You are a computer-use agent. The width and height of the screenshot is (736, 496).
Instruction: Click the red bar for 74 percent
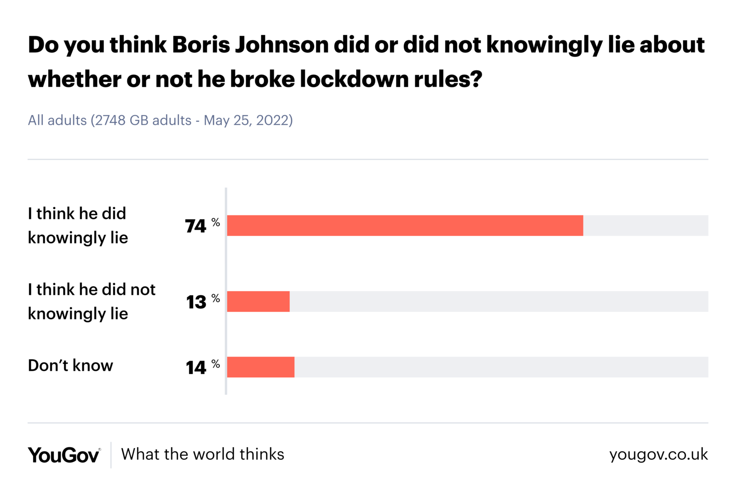point(405,225)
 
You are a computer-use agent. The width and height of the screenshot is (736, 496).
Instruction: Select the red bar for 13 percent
point(258,301)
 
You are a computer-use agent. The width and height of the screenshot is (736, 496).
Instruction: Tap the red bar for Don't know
point(260,367)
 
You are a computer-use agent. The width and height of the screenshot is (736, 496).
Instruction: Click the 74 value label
point(195,226)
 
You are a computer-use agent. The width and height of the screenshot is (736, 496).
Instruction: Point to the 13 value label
point(196,302)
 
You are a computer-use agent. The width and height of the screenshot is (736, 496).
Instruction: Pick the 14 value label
point(196,368)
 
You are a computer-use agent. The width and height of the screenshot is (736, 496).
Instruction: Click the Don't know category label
point(70,365)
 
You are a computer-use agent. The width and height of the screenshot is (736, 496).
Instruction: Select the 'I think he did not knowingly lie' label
point(92,301)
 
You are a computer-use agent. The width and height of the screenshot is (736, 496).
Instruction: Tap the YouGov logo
point(63,455)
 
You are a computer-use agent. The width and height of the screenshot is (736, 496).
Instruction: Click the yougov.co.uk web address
point(658,454)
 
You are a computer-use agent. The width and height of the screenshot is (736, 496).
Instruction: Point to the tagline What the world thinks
point(202,454)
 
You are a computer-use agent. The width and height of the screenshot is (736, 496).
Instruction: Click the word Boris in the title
point(201,45)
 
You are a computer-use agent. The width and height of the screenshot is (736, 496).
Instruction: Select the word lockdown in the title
point(354,79)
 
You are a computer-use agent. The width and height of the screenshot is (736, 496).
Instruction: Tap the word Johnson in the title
point(282,45)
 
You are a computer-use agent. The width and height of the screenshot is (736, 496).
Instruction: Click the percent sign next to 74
point(216,222)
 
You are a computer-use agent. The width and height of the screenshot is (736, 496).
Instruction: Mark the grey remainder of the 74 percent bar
point(645,225)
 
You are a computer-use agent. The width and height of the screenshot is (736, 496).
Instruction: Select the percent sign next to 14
point(216,364)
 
